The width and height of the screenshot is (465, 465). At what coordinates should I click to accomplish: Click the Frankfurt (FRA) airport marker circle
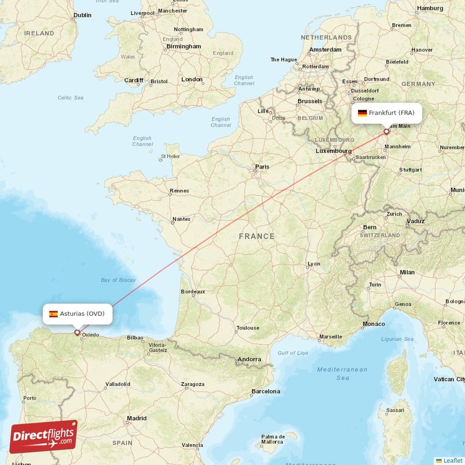click(386, 132)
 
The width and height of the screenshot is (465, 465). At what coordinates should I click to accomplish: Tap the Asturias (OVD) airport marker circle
click(77, 332)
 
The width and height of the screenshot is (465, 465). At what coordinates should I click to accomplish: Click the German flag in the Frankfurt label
click(362, 113)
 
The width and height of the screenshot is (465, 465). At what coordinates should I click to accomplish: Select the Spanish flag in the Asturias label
click(53, 314)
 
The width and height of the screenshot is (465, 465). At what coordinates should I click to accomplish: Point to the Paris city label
click(262, 167)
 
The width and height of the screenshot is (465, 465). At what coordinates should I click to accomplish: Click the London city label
click(192, 79)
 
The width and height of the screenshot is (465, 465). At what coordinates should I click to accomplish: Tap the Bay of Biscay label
click(118, 280)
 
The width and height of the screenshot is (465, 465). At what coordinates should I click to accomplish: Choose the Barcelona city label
click(266, 391)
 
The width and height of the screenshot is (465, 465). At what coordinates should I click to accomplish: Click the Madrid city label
click(137, 418)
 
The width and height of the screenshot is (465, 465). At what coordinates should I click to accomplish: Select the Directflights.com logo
click(44, 437)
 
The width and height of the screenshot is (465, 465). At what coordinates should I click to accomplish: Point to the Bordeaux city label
click(193, 291)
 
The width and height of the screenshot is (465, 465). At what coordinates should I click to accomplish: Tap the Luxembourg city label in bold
click(334, 151)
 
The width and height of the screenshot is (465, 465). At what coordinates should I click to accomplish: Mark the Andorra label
click(249, 360)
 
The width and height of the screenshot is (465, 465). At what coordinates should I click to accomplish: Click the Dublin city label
click(83, 15)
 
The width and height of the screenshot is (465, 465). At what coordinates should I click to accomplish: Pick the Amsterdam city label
click(325, 50)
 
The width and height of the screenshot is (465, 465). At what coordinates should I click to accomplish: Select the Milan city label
click(407, 272)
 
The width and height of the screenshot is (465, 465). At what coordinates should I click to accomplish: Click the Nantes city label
click(181, 219)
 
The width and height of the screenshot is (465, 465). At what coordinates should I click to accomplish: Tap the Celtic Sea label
click(70, 98)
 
